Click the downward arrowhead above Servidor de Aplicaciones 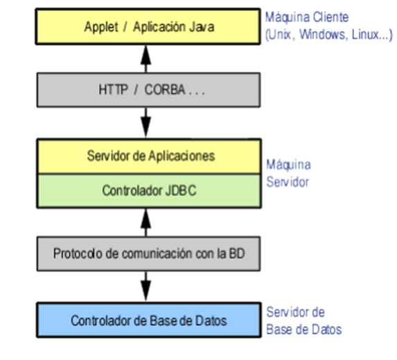145,129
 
